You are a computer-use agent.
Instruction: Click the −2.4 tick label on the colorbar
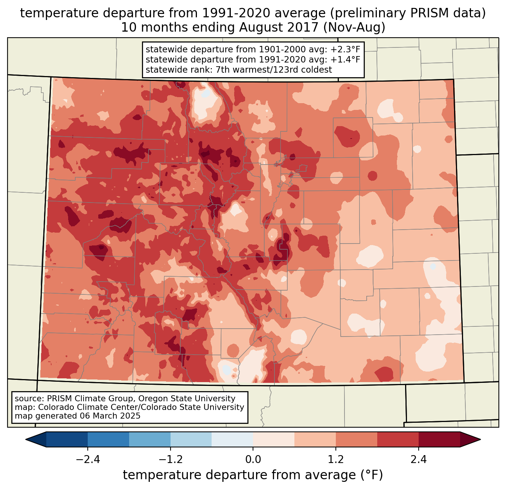pyautogui.click(x=87, y=460)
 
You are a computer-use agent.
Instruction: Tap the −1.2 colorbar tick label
pyautogui.click(x=170, y=460)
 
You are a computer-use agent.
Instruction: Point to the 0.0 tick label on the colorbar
pyautogui.click(x=253, y=460)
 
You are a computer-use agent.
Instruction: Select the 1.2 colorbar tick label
pyautogui.click(x=336, y=460)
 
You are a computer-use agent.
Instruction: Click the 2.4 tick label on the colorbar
pyautogui.click(x=419, y=460)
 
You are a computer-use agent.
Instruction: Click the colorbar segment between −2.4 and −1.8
pyautogui.click(x=108, y=439)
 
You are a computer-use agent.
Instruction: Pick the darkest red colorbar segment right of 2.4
pyautogui.click(x=439, y=439)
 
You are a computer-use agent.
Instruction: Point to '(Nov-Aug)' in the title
pyautogui.click(x=354, y=27)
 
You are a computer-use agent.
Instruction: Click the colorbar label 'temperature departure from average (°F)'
pyautogui.click(x=253, y=475)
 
